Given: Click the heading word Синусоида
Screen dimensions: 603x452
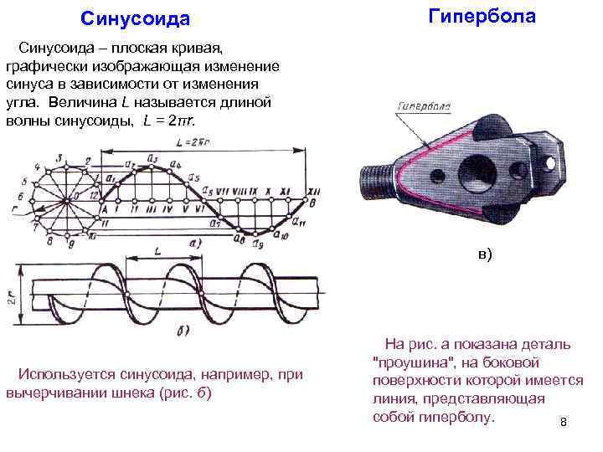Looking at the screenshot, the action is coord(135,18).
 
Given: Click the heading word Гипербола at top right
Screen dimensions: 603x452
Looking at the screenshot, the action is coord(482,16).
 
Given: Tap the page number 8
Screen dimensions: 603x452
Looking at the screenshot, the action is coord(564,422).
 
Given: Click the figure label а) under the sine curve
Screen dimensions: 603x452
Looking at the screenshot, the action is coord(193,244).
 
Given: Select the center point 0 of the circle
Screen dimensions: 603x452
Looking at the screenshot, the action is coord(75,197).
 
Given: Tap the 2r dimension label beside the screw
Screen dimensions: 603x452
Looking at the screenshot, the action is coord(11,295).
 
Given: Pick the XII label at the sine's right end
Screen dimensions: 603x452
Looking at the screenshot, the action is coord(286,192).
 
